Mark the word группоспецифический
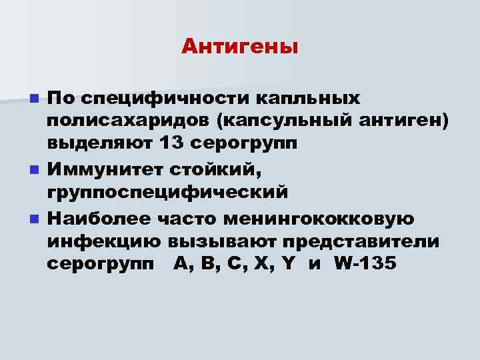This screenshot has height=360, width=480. click(x=167, y=192)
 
